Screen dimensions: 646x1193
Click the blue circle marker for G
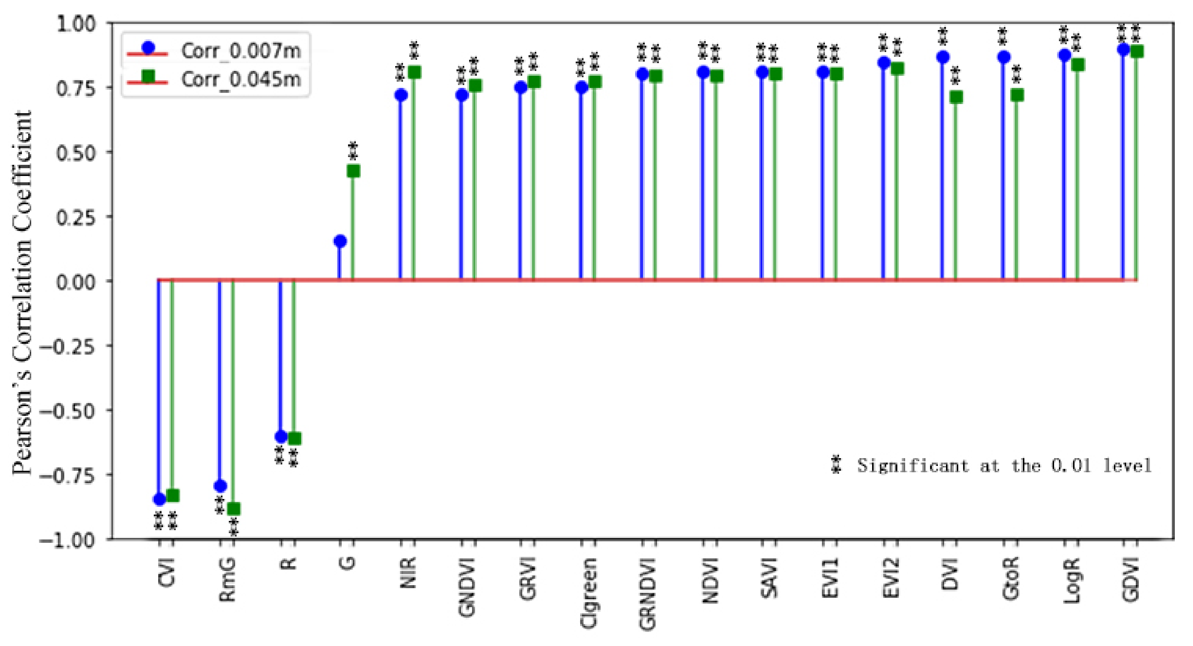[340, 241]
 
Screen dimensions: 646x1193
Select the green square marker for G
[353, 171]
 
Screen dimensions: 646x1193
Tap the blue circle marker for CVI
[159, 499]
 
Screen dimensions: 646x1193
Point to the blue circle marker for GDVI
[1123, 49]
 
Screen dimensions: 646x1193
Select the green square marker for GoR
[1017, 95]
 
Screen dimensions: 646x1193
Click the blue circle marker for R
[281, 437]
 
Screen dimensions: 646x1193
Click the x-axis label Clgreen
[589, 593]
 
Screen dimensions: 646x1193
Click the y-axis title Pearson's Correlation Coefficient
[22, 292]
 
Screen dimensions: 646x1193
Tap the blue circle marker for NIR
[401, 95]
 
